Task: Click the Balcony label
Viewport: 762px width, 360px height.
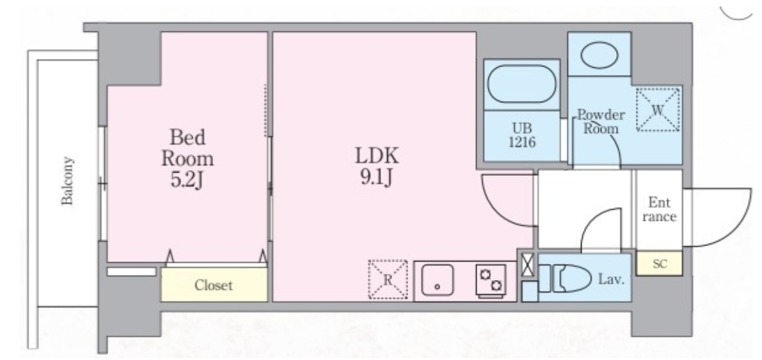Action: click(67, 180)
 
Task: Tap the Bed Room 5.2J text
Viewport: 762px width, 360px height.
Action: click(187, 159)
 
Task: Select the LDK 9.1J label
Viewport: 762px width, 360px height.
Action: click(377, 167)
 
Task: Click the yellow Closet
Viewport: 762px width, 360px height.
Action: click(214, 284)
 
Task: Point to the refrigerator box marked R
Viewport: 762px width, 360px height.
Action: click(388, 279)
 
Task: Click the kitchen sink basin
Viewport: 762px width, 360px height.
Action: click(438, 280)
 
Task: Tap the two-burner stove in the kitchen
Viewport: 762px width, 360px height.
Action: click(490, 280)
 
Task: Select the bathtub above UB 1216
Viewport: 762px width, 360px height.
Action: click(521, 84)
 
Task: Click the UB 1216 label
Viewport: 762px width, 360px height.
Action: click(522, 136)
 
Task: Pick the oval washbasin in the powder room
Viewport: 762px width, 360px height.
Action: click(599, 56)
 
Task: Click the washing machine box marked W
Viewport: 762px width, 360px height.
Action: click(658, 109)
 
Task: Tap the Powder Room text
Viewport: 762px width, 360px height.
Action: click(601, 121)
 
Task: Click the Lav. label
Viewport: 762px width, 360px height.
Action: click(611, 279)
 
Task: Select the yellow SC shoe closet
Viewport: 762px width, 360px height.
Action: click(659, 264)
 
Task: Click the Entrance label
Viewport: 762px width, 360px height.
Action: click(659, 209)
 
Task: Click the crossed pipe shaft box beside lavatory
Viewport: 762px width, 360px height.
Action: click(528, 265)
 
